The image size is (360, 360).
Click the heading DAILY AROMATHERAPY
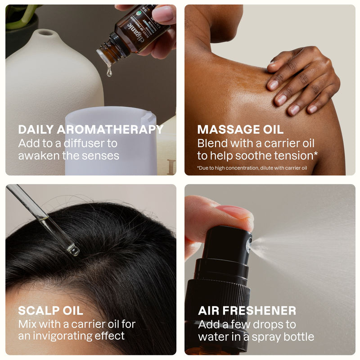coord(90,130)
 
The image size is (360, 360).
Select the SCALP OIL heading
coord(50,310)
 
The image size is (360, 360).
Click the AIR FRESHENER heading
coord(247,310)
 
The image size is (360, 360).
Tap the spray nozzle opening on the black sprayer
coord(250,243)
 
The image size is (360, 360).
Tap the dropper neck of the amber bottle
coord(108,54)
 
